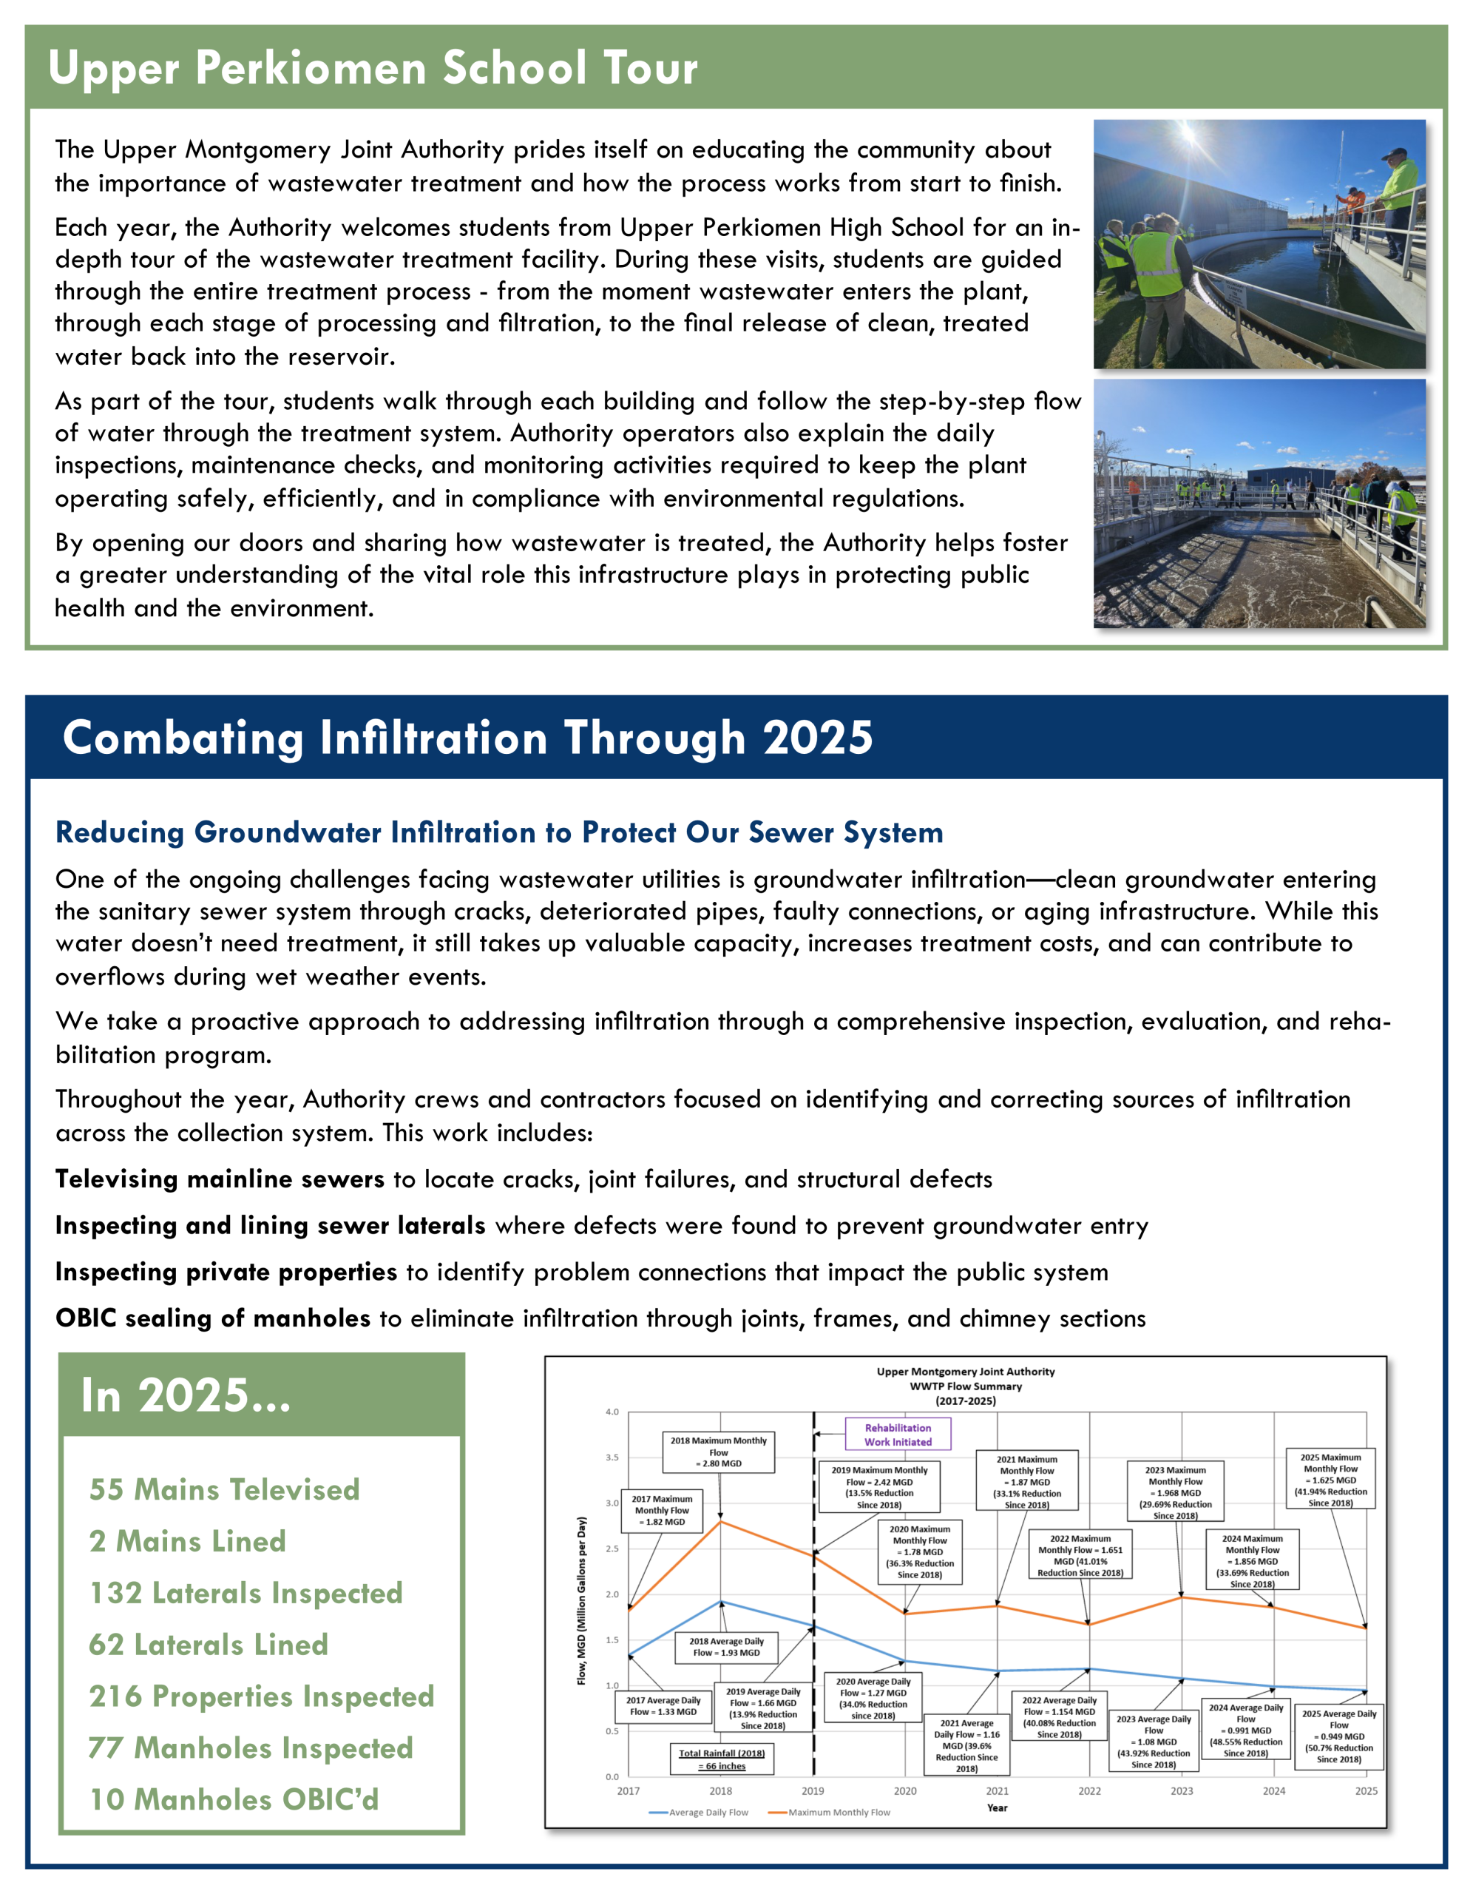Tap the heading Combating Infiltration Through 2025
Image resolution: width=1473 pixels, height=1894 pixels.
(467, 738)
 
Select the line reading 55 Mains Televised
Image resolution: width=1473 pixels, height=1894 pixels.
(223, 1490)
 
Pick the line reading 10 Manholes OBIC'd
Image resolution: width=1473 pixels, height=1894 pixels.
(234, 1799)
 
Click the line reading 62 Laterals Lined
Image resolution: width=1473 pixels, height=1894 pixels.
(208, 1645)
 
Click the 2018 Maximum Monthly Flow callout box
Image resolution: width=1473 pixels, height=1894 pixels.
(718, 1452)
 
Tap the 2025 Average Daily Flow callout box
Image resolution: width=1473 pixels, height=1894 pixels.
(1338, 1737)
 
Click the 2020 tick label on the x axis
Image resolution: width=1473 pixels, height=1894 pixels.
(905, 1791)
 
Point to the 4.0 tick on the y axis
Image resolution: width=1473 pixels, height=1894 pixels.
(612, 1412)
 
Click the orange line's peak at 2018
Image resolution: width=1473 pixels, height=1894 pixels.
(720, 1521)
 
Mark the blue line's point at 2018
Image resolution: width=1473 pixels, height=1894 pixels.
(720, 1602)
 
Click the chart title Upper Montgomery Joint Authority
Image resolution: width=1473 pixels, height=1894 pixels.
(965, 1372)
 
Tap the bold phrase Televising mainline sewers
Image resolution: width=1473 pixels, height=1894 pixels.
(220, 1179)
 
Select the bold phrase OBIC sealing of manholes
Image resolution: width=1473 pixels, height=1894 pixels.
(213, 1319)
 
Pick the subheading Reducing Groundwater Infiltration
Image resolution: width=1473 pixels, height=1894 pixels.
(498, 832)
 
